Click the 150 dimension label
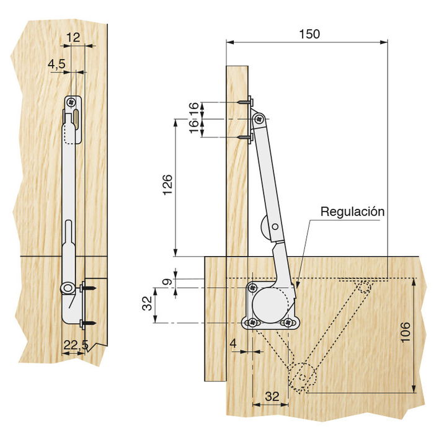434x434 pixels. pos(309,33)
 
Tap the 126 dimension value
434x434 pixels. pos(167,185)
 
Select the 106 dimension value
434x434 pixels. pos(405,332)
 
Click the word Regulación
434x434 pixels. pos(352,211)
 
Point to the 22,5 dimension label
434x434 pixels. pos(76,345)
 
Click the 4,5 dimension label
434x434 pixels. pos(56,64)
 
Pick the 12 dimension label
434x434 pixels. pos(73,37)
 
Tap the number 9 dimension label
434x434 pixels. pos(167,281)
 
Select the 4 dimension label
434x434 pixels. pos(233,343)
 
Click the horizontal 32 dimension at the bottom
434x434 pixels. pos(272,397)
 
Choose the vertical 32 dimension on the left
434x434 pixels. pos(147,303)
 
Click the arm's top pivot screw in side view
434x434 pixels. pos(259,119)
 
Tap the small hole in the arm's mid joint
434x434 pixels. pos(275,227)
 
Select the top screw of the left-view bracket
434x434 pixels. pos(72,102)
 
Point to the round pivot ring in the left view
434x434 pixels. pos(67,288)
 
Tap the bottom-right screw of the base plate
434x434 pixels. pos(288,322)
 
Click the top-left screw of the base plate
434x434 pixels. pos(252,288)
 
